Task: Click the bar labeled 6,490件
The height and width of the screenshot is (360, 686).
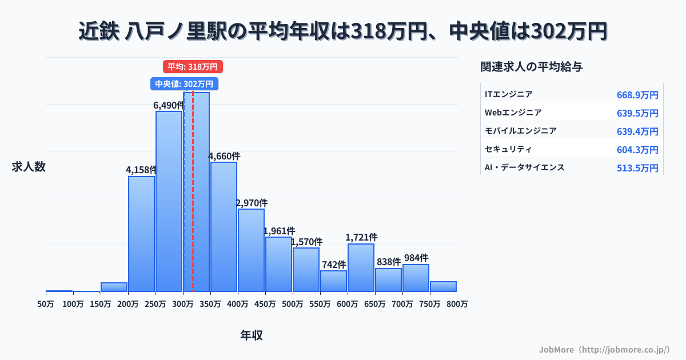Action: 169,201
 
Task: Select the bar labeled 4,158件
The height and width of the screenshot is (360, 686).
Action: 141,234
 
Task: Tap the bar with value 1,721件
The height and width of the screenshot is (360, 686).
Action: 361,267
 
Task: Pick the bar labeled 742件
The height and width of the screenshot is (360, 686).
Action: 333,281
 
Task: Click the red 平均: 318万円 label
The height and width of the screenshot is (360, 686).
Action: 193,67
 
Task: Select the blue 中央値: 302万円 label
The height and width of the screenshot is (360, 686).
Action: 184,84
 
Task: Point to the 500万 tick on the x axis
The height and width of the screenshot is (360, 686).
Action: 293,305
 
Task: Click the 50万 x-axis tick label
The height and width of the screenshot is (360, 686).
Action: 46,305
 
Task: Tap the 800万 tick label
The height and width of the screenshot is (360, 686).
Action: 457,305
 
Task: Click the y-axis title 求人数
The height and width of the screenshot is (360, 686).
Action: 29,167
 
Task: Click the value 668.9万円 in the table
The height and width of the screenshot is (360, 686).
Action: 637,95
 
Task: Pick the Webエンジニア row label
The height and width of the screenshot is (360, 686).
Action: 513,113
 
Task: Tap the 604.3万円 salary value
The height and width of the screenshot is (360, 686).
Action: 637,150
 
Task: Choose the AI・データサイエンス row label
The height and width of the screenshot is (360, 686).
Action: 524,167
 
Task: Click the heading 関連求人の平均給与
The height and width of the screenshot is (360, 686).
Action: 531,67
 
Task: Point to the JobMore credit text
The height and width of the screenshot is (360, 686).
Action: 604,349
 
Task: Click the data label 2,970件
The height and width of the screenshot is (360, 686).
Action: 252,203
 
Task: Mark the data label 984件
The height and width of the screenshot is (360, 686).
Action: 416,258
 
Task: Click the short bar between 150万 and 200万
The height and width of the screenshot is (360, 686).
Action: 114,287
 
